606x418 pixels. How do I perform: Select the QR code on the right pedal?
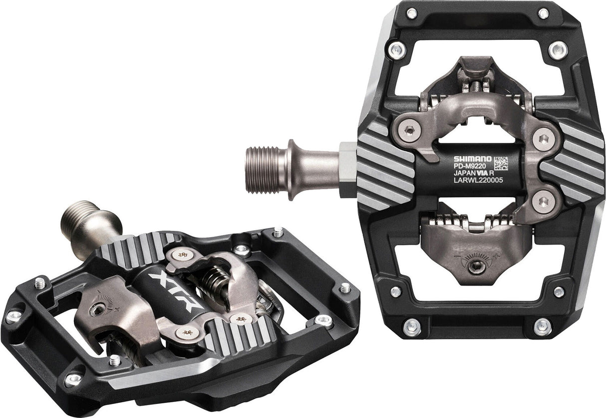click(x=501, y=163)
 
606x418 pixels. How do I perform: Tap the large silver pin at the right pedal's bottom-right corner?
click(x=542, y=327)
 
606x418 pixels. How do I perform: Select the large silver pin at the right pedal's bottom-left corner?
click(x=412, y=327)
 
